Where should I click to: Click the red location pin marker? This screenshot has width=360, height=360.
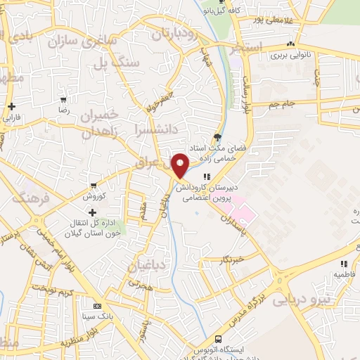point(181,166)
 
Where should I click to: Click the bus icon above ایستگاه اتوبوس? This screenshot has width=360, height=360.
point(217,339)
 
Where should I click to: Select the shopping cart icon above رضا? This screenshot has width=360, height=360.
point(63,101)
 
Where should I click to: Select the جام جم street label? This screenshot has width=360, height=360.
point(284,103)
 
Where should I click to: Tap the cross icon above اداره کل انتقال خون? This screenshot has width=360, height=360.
point(92,212)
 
